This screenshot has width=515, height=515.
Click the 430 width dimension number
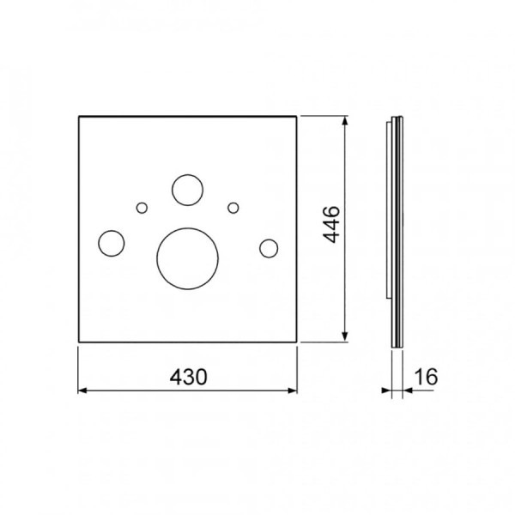click(x=189, y=377)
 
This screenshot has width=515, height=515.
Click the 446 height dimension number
click(x=330, y=225)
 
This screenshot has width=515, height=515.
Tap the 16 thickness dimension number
click(x=426, y=377)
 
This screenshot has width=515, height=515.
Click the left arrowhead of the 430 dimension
click(x=82, y=391)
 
